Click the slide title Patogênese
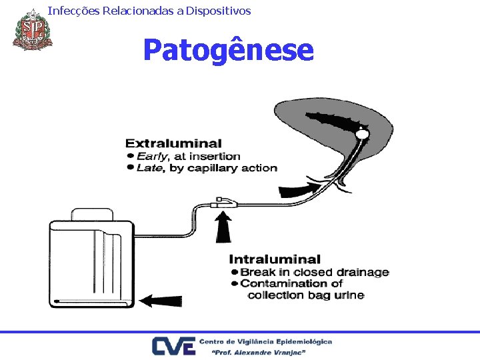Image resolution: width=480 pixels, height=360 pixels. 228,50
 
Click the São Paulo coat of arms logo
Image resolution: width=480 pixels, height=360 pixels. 31,29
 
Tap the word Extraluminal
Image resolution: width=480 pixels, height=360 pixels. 173,143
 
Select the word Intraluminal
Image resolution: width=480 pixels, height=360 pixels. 275,259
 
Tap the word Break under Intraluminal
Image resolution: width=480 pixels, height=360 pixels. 256,272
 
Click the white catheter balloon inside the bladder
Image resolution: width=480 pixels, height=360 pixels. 362,135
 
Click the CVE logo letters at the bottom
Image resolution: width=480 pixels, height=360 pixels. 173,345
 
